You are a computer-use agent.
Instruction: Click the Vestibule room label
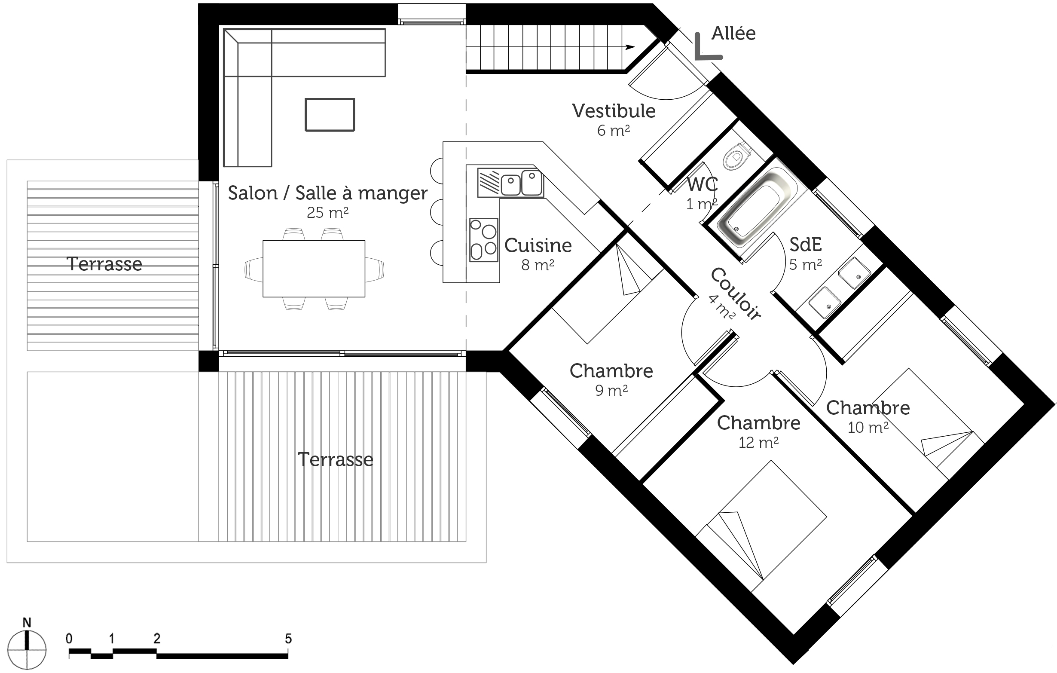click(614, 111)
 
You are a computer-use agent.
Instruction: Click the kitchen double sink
click(510, 182)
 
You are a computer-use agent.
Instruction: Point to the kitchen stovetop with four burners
click(483, 240)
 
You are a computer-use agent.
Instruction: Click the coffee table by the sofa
click(330, 115)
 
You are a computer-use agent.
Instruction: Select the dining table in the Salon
click(314, 269)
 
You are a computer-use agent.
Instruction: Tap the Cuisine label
click(538, 245)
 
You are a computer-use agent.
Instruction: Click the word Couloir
click(736, 293)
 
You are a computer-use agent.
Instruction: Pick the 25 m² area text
click(327, 213)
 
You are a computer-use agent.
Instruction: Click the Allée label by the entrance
click(733, 34)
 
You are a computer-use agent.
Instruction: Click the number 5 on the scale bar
click(288, 638)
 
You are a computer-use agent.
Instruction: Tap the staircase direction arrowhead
click(630, 47)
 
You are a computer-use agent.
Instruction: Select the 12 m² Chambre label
click(758, 423)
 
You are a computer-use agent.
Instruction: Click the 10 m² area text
click(868, 427)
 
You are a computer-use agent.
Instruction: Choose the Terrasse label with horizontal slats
click(104, 264)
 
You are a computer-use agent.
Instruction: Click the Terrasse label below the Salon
click(335, 460)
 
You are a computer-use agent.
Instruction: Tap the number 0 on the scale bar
click(69, 638)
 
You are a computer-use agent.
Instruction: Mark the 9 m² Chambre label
click(611, 371)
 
